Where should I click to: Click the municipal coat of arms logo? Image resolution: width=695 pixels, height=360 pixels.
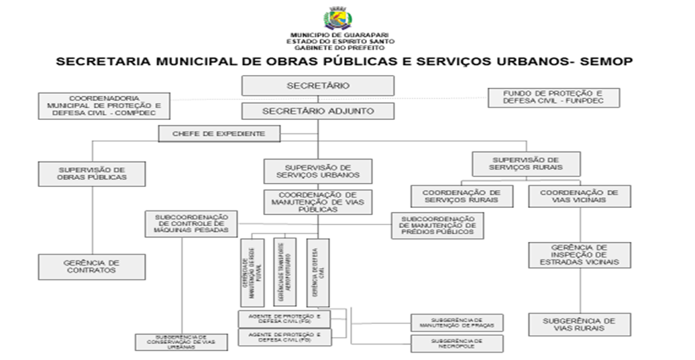pos(338,17)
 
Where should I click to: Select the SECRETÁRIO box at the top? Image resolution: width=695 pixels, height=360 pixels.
pos(318,86)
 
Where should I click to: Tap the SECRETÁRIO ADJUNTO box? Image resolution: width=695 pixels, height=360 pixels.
pos(318,111)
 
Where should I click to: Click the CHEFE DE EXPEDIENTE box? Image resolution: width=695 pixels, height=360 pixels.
pos(219,134)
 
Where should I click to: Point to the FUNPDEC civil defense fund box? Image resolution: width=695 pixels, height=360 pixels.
pos(553,98)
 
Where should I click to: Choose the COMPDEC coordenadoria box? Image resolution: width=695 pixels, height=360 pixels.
pos(103,106)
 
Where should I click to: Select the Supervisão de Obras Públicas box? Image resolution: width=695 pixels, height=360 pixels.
pos(92,174)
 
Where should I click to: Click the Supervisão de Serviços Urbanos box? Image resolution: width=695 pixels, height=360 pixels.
pos(318,171)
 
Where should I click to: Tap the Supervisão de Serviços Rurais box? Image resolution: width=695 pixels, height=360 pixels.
pos(527,164)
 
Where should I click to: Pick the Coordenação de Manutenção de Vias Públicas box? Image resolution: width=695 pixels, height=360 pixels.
pos(318,202)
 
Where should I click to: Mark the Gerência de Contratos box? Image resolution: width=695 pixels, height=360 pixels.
pos(91,266)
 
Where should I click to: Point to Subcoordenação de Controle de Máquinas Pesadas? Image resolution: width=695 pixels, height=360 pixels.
pos(191,224)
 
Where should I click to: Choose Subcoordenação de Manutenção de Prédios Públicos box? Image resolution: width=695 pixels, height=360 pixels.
pos(438,226)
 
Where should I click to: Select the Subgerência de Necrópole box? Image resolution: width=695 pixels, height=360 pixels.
pos(457,344)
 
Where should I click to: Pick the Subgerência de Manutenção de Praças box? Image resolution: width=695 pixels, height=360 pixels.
pos(457,322)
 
